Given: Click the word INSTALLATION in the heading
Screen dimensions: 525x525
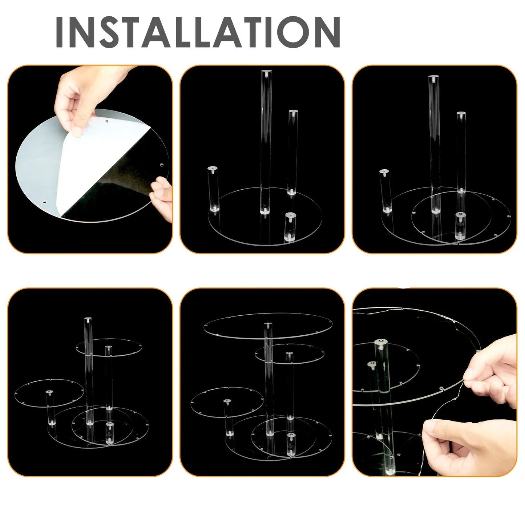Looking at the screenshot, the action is click(198, 32).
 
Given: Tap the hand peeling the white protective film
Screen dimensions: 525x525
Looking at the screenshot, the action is click(90, 98).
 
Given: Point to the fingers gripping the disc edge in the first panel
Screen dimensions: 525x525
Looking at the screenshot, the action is click(162, 199).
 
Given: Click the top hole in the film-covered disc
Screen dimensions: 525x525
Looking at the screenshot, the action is click(106, 121).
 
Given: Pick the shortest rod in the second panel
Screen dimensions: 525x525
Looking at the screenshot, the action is click(290, 227).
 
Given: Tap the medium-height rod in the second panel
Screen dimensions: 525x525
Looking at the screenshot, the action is click(292, 152).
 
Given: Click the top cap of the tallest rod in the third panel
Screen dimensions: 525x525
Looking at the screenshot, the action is click(434, 78).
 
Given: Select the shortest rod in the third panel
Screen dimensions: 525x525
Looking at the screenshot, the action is click(460, 226).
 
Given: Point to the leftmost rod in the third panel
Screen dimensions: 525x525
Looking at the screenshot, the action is click(385, 191).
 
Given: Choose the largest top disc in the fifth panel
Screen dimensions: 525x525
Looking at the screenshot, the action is click(268, 326).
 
